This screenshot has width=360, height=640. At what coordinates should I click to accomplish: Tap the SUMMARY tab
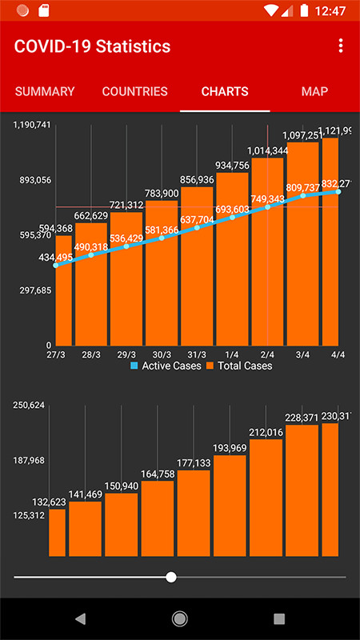click(45, 91)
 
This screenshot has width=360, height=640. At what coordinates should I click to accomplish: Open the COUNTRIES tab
click(135, 91)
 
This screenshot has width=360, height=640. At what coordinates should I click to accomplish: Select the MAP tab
click(314, 91)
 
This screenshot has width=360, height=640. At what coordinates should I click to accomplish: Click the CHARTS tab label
click(225, 91)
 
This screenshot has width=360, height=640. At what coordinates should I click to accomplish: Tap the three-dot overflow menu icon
click(341, 46)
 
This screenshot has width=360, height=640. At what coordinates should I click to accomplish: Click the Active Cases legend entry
click(166, 366)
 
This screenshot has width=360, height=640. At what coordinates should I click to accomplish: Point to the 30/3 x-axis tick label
click(162, 354)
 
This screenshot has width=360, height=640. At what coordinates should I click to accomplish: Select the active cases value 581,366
click(162, 230)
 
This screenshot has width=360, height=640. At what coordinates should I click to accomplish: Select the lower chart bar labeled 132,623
click(57, 532)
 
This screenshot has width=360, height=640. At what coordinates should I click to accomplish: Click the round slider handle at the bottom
click(171, 577)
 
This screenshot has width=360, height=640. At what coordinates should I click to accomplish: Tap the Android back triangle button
click(80, 618)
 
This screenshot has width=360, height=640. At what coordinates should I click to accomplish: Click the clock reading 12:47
click(330, 11)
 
